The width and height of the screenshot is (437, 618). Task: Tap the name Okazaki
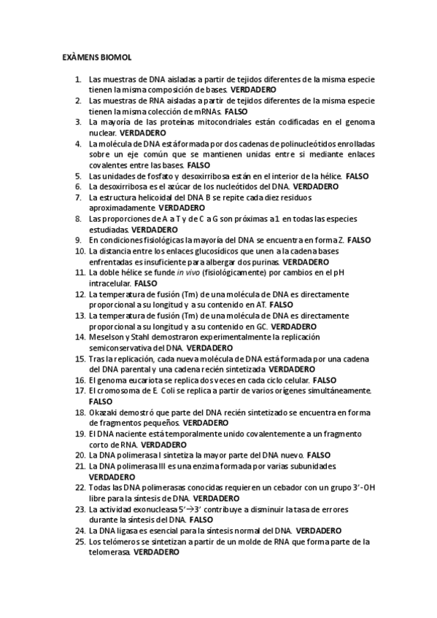click(x=106, y=412)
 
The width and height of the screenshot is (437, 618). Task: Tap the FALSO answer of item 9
click(x=360, y=240)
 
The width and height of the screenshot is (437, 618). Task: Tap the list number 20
click(x=80, y=455)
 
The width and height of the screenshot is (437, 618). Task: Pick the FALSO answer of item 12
click(x=281, y=305)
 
